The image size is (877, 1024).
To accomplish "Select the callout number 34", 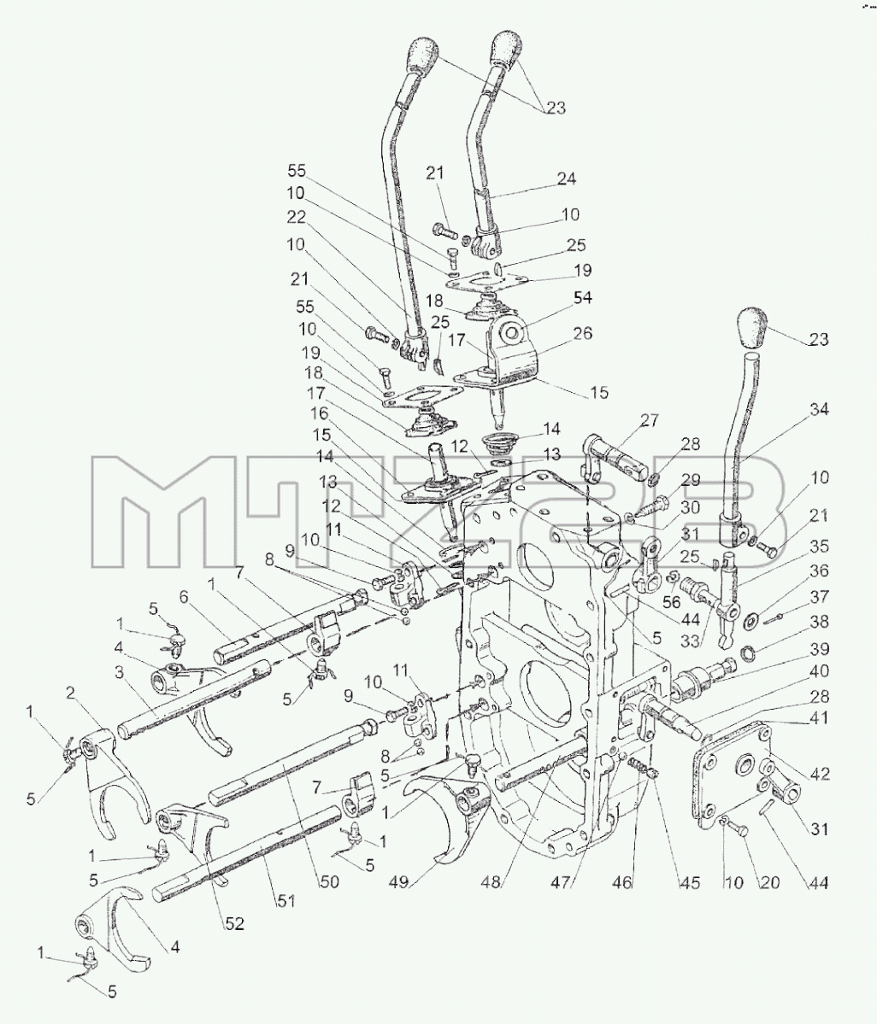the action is click(819, 409).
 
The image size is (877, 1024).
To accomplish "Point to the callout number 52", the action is click(234, 923).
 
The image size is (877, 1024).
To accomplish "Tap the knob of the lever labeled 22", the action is click(423, 57).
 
